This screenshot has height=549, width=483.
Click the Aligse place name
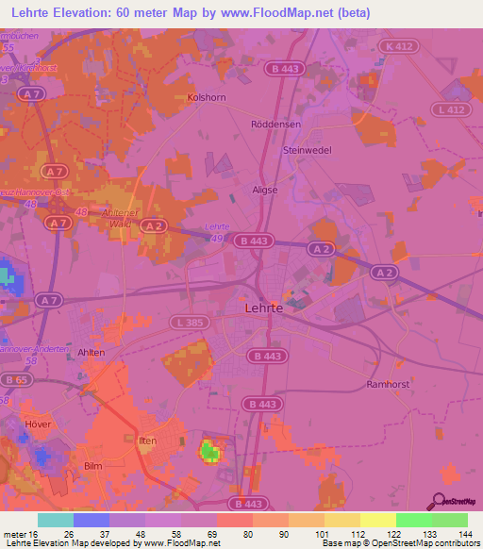pyautogui.click(x=264, y=190)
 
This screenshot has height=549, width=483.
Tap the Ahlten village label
pyautogui.click(x=92, y=352)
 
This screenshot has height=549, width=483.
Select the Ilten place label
pyautogui.click(x=147, y=441)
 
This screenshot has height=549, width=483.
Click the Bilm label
pyautogui.click(x=92, y=466)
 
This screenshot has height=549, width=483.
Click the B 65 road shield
pyautogui.click(x=14, y=379)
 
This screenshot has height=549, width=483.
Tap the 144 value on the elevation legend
pyautogui.click(x=465, y=533)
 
